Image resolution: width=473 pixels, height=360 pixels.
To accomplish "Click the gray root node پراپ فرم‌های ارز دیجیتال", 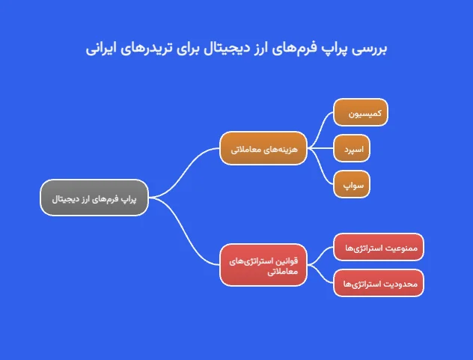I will click(94, 198).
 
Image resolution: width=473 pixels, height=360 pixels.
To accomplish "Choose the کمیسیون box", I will click(361, 113).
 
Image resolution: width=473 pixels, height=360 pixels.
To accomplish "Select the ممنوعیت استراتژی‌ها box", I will click(379, 247).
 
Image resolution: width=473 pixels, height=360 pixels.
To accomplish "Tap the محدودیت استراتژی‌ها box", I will click(379, 283).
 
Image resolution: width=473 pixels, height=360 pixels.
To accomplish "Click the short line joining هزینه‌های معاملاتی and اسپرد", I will click(322, 148).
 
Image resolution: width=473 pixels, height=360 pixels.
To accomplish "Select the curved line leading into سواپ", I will click(322, 171).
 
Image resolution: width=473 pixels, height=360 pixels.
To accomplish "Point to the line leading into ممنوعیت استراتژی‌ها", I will click(323, 254).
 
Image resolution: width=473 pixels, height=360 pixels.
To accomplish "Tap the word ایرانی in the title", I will click(103, 49).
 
